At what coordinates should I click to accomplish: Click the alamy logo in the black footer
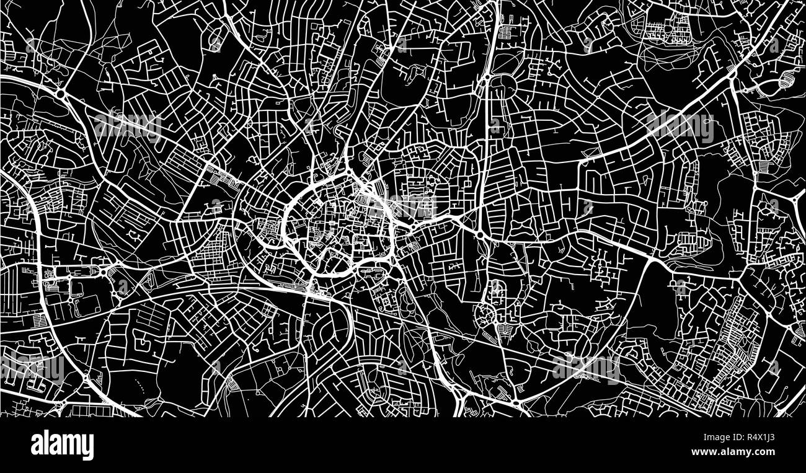coord(63,445)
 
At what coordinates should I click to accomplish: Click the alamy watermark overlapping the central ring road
coord(404,205)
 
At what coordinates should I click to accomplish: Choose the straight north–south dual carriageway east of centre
coord(486,155)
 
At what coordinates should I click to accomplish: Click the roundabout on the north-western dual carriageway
coord(62,94)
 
